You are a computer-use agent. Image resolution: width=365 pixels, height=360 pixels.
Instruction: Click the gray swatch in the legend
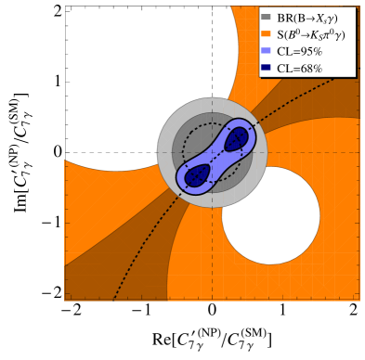[267, 17]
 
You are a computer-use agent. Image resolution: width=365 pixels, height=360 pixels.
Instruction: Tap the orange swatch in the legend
[267, 34]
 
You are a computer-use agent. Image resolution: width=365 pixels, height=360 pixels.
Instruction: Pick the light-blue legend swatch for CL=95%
[267, 52]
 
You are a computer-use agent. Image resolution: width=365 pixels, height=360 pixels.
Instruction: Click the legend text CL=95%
[301, 52]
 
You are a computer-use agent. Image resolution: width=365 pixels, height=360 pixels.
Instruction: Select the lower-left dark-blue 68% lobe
[197, 174]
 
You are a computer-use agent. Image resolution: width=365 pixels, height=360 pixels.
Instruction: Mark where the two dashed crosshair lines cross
[212, 152]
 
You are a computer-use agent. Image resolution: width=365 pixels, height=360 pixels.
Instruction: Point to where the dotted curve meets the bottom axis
[113, 300]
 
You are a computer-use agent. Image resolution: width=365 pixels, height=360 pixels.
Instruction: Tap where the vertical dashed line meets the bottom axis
[212, 300]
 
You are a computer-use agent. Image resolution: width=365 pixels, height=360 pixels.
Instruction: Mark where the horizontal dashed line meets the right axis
[358, 152]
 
